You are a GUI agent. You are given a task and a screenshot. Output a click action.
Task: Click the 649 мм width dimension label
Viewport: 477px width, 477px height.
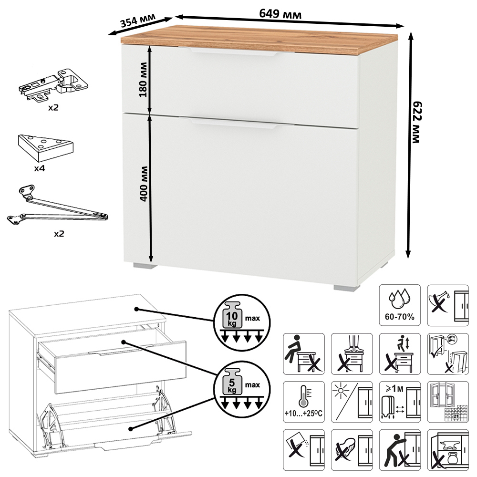(x=280, y=14)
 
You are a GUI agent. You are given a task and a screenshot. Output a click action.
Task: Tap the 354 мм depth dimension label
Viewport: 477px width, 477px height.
(x=138, y=21)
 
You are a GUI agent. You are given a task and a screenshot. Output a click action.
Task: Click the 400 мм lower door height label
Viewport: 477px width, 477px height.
(x=144, y=184)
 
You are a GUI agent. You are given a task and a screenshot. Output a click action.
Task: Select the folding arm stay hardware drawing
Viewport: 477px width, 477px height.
(x=58, y=205)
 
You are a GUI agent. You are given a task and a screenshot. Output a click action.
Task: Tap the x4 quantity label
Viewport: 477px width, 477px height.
(x=40, y=168)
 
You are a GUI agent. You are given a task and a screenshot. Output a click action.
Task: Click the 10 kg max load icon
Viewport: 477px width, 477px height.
(x=242, y=322)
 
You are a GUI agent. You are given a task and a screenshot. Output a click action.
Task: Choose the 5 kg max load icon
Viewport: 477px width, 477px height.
(x=242, y=390)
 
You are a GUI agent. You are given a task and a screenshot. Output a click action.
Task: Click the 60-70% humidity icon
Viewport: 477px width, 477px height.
(x=400, y=305)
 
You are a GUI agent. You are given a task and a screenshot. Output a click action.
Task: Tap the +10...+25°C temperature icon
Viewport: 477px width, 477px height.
(x=303, y=402)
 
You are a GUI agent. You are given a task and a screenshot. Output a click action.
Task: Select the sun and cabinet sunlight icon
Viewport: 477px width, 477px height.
(x=352, y=402)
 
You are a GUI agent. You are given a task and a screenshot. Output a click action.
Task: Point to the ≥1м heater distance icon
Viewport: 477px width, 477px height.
(x=400, y=402)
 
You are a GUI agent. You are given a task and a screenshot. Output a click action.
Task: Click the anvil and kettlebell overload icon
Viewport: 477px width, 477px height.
(x=448, y=450)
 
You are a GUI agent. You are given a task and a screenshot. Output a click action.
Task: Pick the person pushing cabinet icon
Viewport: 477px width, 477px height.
(x=400, y=450)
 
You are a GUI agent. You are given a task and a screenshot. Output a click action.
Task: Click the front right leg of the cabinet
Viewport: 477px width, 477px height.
(x=346, y=288)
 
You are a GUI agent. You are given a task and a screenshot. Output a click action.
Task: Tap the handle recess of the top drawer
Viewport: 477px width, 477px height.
(x=234, y=52)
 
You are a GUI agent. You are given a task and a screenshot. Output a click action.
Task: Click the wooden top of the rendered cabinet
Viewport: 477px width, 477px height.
(x=259, y=40)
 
